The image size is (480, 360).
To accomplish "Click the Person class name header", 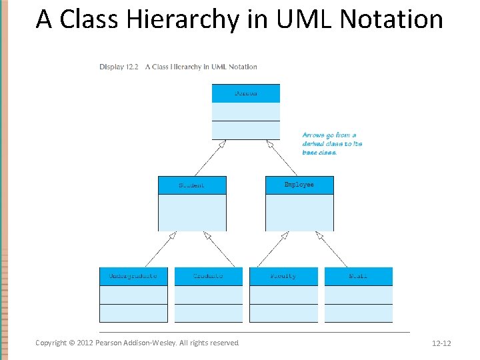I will (x=245, y=93).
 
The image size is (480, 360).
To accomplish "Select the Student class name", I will (x=192, y=185).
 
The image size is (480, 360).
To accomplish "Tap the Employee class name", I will (x=299, y=185).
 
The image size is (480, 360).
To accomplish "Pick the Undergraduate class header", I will (x=133, y=276).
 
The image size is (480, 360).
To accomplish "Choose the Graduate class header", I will (x=208, y=276).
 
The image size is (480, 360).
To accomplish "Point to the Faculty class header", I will (x=283, y=276).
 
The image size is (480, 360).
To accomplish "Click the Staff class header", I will (x=359, y=276).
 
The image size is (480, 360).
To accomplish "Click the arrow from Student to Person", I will (x=209, y=158).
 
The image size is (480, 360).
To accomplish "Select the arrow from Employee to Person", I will (x=282, y=158).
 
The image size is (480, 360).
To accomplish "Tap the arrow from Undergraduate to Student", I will (x=160, y=249).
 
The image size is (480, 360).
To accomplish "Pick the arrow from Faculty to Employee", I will (x=273, y=249).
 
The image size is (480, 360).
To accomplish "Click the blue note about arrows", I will (x=332, y=143).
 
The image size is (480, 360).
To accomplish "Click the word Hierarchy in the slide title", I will (x=189, y=19).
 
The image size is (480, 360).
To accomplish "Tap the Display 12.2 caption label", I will (x=119, y=67).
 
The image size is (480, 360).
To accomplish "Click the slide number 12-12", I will (x=441, y=343).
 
